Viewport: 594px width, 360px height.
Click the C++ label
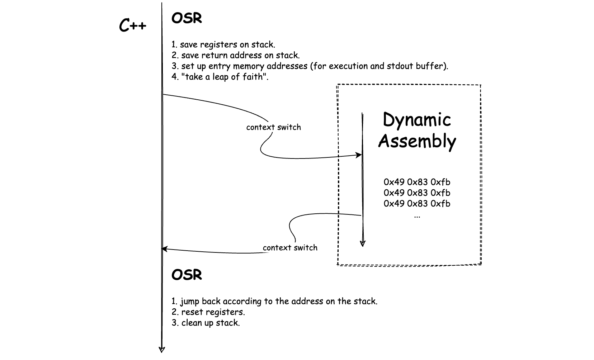click(133, 25)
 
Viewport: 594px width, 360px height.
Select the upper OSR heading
click(187, 18)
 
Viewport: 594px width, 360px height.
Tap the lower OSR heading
click(187, 275)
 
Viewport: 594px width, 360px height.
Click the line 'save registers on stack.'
click(227, 44)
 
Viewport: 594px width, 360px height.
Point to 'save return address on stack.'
click(241, 56)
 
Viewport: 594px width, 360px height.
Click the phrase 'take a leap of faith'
click(224, 77)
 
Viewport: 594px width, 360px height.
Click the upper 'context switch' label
click(274, 127)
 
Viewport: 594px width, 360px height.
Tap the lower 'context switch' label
click(290, 248)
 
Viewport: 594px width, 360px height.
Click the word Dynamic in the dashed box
click(417, 120)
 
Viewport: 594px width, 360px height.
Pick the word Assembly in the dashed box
click(417, 141)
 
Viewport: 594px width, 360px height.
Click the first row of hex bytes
click(417, 182)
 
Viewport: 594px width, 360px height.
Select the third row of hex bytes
click(417, 204)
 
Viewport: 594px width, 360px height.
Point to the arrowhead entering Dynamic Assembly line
click(359, 155)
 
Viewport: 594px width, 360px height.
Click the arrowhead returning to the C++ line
click(164, 249)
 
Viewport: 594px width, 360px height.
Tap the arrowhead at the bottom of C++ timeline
click(162, 350)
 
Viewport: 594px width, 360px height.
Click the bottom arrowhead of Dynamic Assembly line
click(363, 243)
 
